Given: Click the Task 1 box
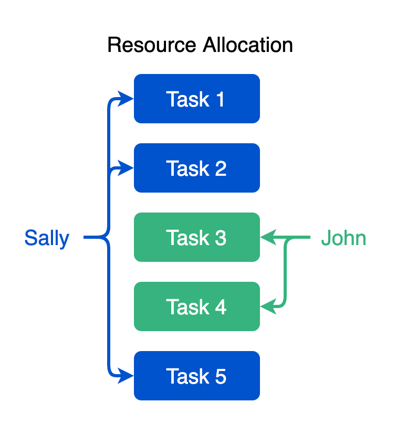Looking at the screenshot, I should [197, 99].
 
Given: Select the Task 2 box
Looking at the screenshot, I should [197, 168].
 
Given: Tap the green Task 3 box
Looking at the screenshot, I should [197, 237].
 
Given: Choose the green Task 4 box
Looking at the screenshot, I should [197, 306].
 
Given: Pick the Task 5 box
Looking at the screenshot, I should [197, 376].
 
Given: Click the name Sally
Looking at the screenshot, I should [47, 238].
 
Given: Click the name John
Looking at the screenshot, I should [343, 238].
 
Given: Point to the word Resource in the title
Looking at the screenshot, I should [152, 45].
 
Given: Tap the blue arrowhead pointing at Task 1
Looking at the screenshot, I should [126, 99].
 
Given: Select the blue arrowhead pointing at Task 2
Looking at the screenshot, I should [126, 168].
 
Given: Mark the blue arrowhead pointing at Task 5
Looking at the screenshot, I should [126, 376].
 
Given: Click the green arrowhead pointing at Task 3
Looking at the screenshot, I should [268, 238].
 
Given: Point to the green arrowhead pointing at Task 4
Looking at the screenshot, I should [268, 307].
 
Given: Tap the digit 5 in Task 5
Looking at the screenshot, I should [221, 376].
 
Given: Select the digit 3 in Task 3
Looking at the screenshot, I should [221, 238].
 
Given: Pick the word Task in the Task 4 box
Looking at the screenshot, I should [185, 307].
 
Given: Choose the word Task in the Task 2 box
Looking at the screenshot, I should [185, 168].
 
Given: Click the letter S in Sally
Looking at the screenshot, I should [30, 238].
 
